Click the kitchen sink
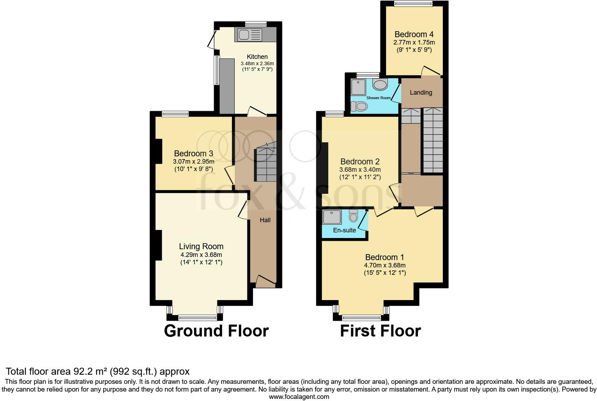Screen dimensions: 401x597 [250, 34]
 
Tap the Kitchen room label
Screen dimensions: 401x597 [257, 57]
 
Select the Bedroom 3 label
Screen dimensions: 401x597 [193, 154]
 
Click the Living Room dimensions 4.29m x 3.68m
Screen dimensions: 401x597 [201, 255]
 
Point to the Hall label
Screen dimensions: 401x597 [265, 220]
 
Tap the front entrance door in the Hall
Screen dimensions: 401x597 [265, 281]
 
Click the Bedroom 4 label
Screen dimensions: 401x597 [414, 34]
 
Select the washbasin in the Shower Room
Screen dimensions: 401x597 [380, 84]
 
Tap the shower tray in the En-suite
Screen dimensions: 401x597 [332, 217]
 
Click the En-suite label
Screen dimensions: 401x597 [344, 230]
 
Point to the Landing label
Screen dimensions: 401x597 [421, 93]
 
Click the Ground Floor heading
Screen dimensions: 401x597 [216, 331]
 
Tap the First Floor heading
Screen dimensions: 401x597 [380, 331]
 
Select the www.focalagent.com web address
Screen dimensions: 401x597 [299, 397]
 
